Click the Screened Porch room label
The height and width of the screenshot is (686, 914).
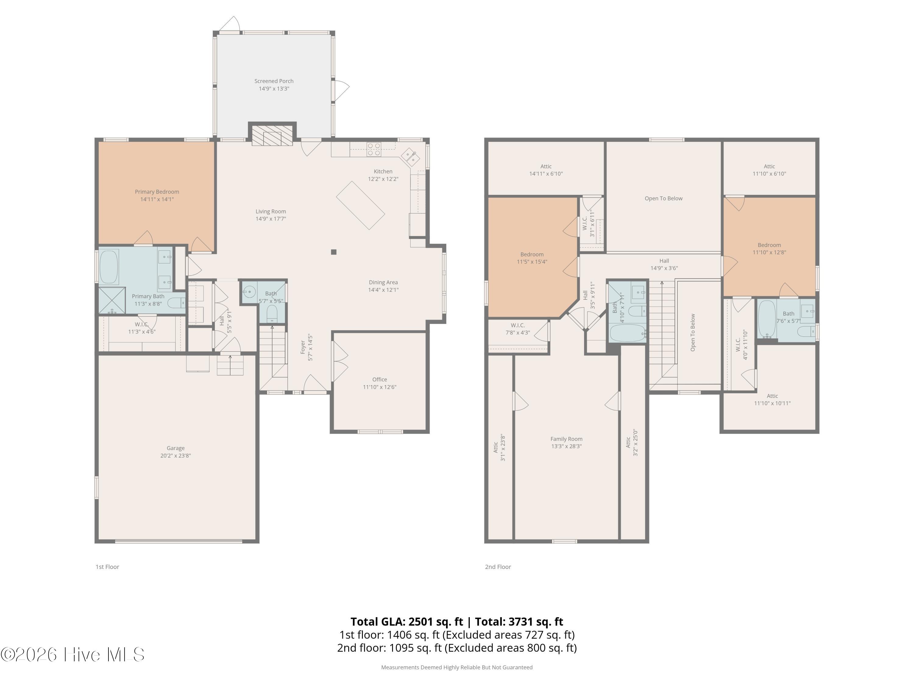(274, 81)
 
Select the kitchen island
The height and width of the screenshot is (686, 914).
(360, 205)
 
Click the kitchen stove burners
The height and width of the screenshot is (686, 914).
(374, 149)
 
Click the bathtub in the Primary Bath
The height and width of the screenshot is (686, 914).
(109, 267)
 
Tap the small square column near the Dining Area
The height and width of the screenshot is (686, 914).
(334, 252)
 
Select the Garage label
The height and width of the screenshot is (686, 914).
(175, 448)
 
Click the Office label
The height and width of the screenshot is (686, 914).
(380, 379)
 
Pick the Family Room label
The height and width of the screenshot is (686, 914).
(566, 439)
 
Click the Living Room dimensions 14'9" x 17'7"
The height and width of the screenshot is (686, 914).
(271, 219)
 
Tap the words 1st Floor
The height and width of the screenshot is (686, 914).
(108, 566)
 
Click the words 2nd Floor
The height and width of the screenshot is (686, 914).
(498, 566)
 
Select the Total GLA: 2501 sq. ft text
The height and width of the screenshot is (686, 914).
(407, 621)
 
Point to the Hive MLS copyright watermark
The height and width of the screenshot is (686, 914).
(73, 654)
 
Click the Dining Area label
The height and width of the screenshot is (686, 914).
(384, 282)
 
